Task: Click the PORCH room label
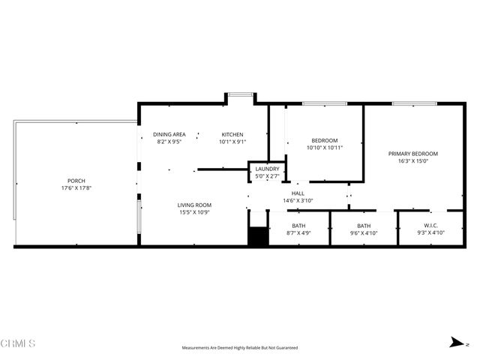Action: (x=76, y=181)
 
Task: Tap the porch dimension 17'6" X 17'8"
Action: (x=76, y=188)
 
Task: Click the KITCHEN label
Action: (x=232, y=134)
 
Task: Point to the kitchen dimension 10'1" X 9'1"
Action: (x=232, y=142)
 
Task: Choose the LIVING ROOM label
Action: (x=194, y=205)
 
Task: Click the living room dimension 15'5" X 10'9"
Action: (x=194, y=212)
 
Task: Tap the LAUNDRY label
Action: (x=267, y=169)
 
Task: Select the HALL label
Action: (x=298, y=193)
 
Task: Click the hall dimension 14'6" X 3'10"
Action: (x=298, y=200)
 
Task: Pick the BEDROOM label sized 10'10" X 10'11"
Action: (x=325, y=140)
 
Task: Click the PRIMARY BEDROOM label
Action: (x=412, y=154)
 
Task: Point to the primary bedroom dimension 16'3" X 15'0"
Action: (x=412, y=161)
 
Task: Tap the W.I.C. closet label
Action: (x=431, y=226)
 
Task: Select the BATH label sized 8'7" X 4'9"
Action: (x=298, y=226)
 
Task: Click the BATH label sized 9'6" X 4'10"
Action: (x=364, y=226)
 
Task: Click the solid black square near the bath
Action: (x=257, y=236)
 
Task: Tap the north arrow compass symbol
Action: (x=455, y=342)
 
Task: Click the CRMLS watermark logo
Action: (x=18, y=343)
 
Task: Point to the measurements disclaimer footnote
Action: (x=240, y=348)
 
